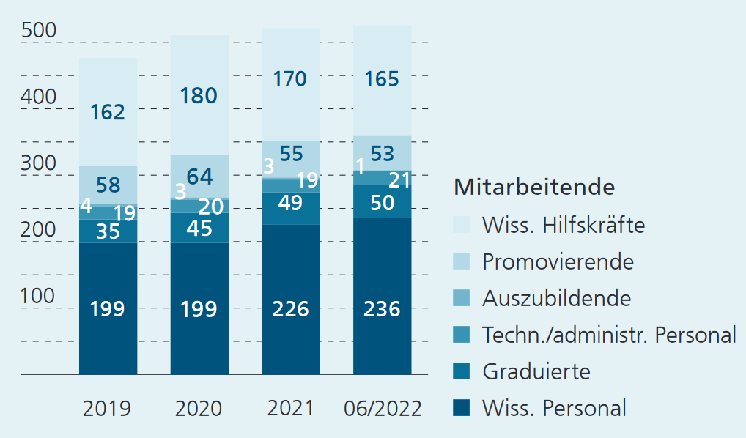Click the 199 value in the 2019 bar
pos(108,309)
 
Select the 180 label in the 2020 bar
pos(199,96)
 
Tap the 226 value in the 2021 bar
pos(290,309)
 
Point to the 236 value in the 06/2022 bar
pos(382,309)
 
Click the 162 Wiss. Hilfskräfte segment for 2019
pos(108,112)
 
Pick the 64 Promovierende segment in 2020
pos(199,177)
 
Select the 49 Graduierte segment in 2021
pos(290,203)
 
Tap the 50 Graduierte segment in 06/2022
pos(382,203)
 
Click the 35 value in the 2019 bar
pos(108,231)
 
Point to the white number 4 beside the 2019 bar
pos(86,207)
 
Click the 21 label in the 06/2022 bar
pos(399,180)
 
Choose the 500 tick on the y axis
pos(39,31)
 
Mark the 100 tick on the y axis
pos(39,297)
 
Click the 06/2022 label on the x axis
pos(383,408)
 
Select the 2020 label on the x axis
pos(199,408)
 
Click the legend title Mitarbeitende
pos(534,187)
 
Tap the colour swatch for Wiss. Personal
pos(462,407)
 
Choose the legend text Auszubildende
pos(556,298)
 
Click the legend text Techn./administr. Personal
pos(609,335)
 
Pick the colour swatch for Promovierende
pos(462,261)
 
